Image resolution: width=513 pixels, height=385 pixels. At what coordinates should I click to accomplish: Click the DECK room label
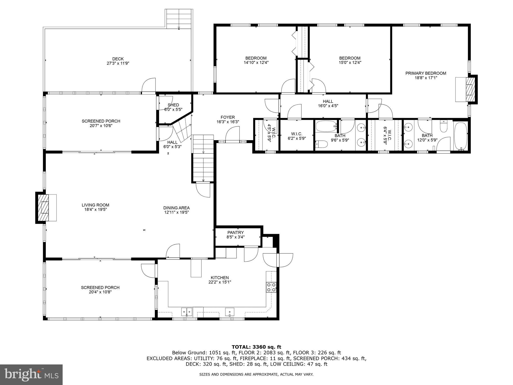(118, 59)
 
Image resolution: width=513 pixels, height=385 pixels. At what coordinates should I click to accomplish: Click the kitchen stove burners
(271, 287)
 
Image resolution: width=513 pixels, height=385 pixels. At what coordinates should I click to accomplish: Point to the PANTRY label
(235, 233)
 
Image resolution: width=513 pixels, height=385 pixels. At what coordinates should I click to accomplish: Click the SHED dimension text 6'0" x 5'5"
(173, 109)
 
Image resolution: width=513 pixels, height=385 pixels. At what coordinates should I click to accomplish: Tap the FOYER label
(228, 117)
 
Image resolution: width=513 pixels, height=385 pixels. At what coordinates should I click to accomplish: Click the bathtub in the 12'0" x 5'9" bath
(461, 136)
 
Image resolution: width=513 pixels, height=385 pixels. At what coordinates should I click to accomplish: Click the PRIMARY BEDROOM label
(426, 73)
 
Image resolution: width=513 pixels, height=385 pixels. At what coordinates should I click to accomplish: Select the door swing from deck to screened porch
(149, 85)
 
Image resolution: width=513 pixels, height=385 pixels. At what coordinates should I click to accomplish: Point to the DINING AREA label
(176, 208)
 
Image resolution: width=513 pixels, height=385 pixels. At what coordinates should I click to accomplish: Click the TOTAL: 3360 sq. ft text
(256, 347)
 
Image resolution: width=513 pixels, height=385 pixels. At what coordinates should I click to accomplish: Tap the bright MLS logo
(31, 374)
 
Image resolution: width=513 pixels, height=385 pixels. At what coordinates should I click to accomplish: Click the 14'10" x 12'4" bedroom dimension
(256, 63)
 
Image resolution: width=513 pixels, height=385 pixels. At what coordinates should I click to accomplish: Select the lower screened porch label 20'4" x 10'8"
(100, 292)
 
